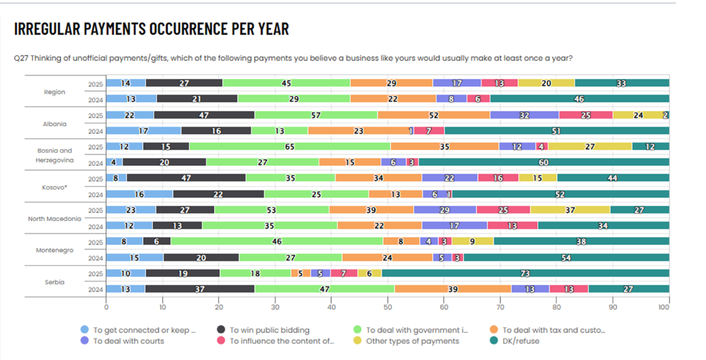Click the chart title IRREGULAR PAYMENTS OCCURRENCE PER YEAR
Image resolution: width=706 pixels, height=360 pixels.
click(x=151, y=29)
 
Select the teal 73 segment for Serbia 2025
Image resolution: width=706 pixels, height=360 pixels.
click(x=525, y=273)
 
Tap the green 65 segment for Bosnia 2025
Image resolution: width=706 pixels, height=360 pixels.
click(x=289, y=147)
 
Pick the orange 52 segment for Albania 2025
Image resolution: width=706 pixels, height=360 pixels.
click(x=433, y=115)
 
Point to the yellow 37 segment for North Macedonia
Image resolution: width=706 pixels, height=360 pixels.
click(x=570, y=209)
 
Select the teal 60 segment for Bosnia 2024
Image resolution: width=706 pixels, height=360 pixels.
click(x=543, y=162)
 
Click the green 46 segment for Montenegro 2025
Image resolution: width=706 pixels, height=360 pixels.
click(x=277, y=241)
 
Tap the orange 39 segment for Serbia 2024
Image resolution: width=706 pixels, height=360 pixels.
click(x=452, y=288)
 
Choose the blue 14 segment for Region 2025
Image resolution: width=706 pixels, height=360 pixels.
click(x=125, y=83)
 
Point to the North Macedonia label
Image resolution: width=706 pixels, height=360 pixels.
click(x=55, y=218)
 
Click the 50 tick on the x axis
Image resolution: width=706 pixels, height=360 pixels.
click(x=388, y=306)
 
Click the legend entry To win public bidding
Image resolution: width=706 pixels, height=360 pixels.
click(x=269, y=330)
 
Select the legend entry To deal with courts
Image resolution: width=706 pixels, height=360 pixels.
click(x=129, y=340)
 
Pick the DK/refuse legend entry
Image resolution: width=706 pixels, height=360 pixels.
click(x=521, y=340)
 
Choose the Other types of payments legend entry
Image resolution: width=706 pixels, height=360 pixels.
click(x=412, y=340)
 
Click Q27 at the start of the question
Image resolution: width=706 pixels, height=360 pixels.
click(x=21, y=58)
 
